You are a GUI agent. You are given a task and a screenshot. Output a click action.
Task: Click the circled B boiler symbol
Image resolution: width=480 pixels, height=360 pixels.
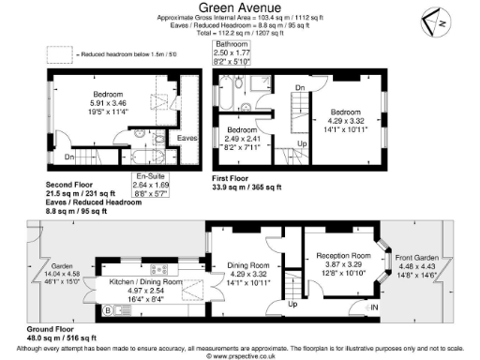tap(107, 309)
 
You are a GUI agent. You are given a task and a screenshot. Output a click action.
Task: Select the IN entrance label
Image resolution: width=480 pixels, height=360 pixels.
tap(375, 307)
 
